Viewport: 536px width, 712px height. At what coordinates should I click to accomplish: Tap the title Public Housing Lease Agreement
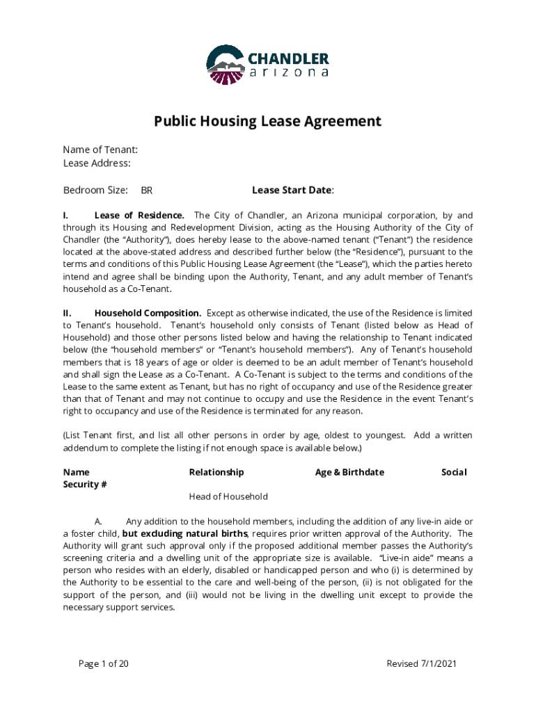coord(267,122)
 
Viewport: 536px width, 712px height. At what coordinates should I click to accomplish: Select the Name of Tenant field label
coord(100,149)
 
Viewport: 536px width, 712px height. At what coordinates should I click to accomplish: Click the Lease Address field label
coord(97,163)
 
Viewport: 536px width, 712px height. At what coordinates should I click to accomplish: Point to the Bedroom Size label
coord(95,190)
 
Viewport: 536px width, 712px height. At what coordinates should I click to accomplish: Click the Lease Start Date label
coord(292,190)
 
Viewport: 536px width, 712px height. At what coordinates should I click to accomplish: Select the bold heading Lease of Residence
coord(139,215)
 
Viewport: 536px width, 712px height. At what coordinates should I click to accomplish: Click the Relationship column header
coord(216,472)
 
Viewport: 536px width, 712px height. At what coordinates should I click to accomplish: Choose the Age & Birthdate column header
coord(349,472)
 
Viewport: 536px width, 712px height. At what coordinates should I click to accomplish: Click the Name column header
coord(76,472)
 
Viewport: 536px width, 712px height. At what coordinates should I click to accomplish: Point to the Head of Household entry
coord(228,496)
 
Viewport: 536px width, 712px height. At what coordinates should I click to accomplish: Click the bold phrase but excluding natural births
coord(185,533)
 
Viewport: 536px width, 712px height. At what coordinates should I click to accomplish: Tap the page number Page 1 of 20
coord(104,663)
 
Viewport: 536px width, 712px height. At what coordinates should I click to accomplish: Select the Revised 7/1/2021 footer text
coord(421,663)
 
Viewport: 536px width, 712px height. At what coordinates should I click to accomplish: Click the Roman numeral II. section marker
coord(68,313)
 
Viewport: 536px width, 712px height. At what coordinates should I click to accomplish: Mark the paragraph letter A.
coord(99,521)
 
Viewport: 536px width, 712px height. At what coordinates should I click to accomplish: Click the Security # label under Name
coord(85,485)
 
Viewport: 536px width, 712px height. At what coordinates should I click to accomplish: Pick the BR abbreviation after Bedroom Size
coord(147,191)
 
